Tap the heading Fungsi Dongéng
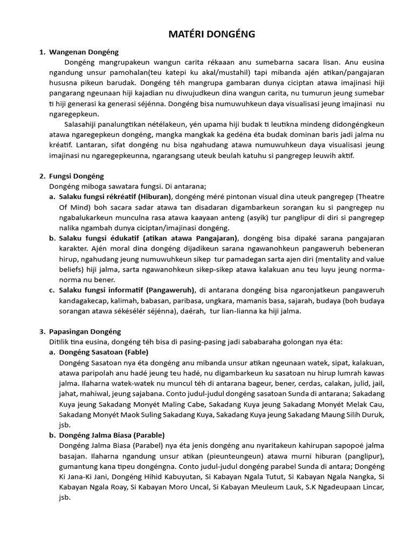(x=77, y=176)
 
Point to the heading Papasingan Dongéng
(x=85, y=332)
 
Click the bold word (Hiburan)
(x=154, y=197)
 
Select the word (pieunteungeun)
(x=231, y=456)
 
